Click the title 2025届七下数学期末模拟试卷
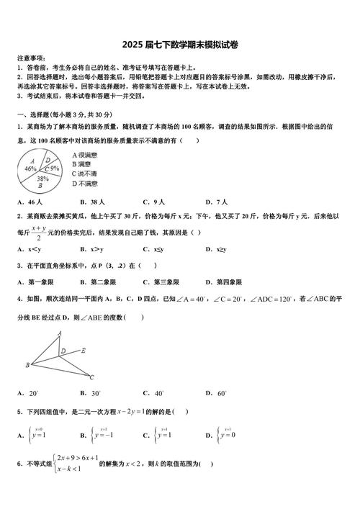click(x=180, y=45)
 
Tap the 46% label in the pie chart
click(x=30, y=168)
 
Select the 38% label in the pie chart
click(x=42, y=178)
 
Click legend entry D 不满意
click(x=84, y=184)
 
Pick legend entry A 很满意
click(x=84, y=155)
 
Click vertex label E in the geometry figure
click(x=84, y=351)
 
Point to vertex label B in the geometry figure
click(x=27, y=366)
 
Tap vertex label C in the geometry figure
click(x=92, y=376)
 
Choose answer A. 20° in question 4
click(x=28, y=393)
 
